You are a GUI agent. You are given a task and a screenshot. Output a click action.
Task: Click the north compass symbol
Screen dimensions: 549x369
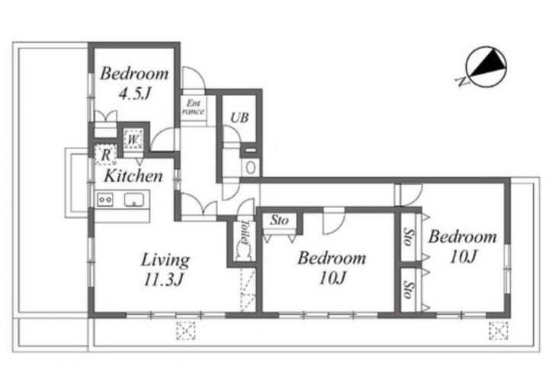pos(486,66)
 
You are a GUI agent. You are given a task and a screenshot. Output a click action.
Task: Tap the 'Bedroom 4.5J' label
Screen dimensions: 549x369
pos(134,83)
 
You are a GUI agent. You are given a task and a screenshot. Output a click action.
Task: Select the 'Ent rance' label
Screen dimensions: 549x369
pos(193,107)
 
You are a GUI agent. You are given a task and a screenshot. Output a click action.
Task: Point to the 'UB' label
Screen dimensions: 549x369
pos(240,117)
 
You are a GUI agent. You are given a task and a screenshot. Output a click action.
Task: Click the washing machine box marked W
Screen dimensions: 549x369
pos(133,140)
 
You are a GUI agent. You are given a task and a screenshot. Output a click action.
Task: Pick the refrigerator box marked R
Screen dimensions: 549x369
pos(105,155)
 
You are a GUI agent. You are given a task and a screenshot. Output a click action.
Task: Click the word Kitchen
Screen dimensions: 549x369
pos(133,176)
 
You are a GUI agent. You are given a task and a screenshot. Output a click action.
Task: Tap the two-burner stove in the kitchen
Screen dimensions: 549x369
pos(105,200)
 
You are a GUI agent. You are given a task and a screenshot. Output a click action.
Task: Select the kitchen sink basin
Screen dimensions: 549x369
pos(133,200)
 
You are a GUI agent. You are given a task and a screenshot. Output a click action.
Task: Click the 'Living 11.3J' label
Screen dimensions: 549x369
pos(165,270)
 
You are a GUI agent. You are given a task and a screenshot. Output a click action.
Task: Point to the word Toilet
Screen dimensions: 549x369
pos(245,232)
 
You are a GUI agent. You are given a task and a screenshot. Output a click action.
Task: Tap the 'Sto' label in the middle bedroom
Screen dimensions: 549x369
pos(279,220)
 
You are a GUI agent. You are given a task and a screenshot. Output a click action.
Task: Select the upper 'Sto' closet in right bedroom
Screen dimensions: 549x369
pos(408,236)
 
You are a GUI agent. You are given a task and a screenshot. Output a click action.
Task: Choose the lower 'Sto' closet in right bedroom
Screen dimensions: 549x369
pos(408,289)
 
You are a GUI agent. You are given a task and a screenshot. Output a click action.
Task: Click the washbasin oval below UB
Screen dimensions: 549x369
pos(250,168)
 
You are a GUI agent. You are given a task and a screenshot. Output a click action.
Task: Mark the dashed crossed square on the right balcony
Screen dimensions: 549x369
pos(498,331)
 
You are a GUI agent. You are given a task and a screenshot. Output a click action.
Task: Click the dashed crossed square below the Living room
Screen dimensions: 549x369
pos(186,330)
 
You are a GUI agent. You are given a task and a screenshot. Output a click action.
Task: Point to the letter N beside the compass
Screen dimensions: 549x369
pos(463,82)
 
